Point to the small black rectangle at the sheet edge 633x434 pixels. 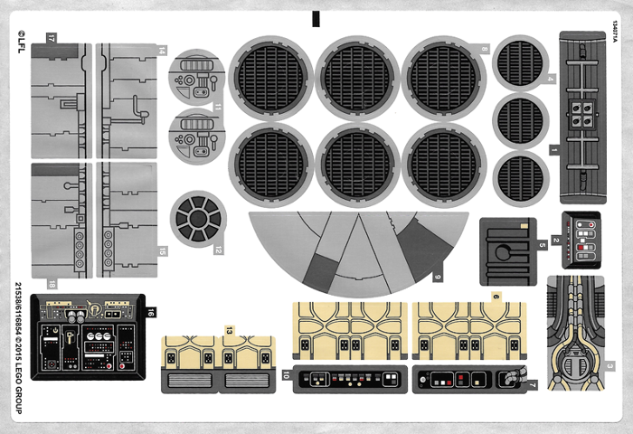[316, 18]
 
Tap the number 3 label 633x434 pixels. [611, 366]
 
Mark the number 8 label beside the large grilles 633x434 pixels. [484, 49]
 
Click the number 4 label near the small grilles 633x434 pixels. [550, 79]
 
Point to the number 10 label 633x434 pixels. [286, 373]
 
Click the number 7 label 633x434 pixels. [533, 385]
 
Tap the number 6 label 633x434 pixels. [496, 297]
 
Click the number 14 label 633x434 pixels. [162, 51]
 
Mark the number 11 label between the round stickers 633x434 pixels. [217, 107]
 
